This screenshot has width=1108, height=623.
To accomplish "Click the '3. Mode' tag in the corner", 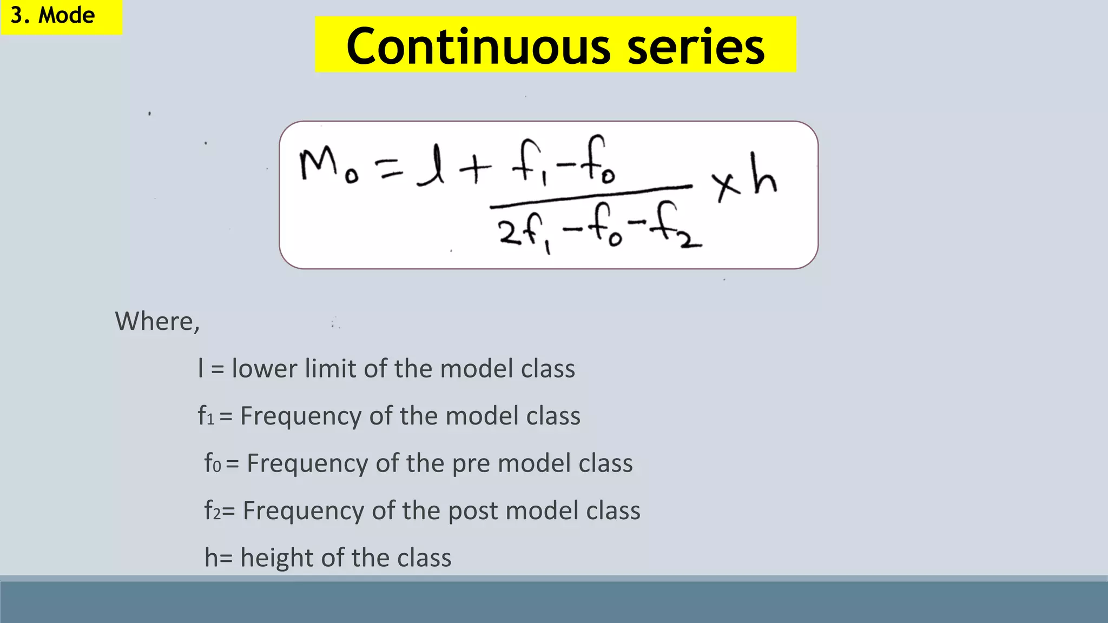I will [x=53, y=15].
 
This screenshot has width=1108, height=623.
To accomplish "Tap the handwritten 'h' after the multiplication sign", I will [x=764, y=175].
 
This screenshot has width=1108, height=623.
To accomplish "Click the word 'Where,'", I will [x=157, y=321].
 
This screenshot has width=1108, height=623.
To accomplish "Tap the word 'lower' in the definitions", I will [x=265, y=369].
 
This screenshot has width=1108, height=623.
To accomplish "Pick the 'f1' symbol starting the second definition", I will [x=206, y=416].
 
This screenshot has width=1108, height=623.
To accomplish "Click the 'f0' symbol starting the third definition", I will [x=213, y=463].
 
